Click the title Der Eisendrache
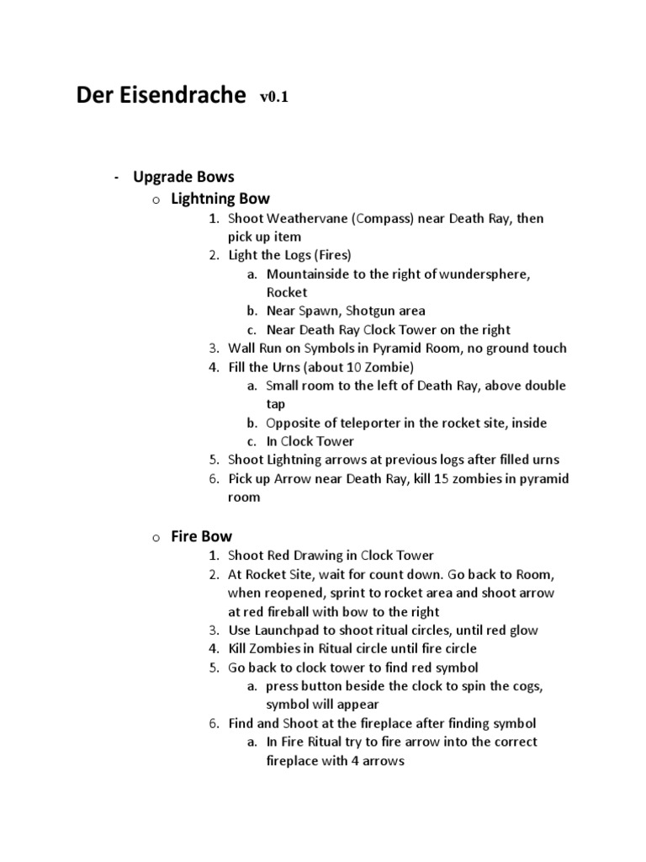click(x=162, y=95)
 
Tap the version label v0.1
click(x=274, y=98)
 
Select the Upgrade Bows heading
click(x=183, y=177)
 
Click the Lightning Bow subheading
click(x=220, y=199)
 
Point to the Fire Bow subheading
click(x=201, y=536)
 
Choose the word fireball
click(x=298, y=612)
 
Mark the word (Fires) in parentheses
click(x=331, y=255)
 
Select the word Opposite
click(x=294, y=423)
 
